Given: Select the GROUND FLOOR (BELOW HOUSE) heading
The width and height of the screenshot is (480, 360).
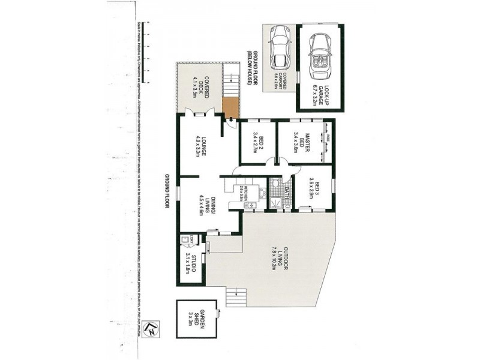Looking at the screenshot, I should click(251, 69).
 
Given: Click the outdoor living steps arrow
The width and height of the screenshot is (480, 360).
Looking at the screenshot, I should click(239, 293).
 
